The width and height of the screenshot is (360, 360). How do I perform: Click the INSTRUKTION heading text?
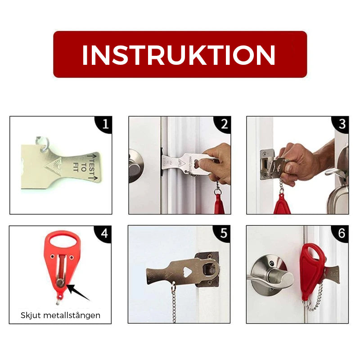coord(179,55)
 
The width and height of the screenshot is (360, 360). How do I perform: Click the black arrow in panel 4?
coord(78,292)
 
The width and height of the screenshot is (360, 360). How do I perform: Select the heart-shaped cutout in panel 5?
coord(188,272)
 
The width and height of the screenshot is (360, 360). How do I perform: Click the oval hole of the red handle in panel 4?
coord(63,241)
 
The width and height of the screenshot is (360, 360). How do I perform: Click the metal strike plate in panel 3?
coord(267,164)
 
